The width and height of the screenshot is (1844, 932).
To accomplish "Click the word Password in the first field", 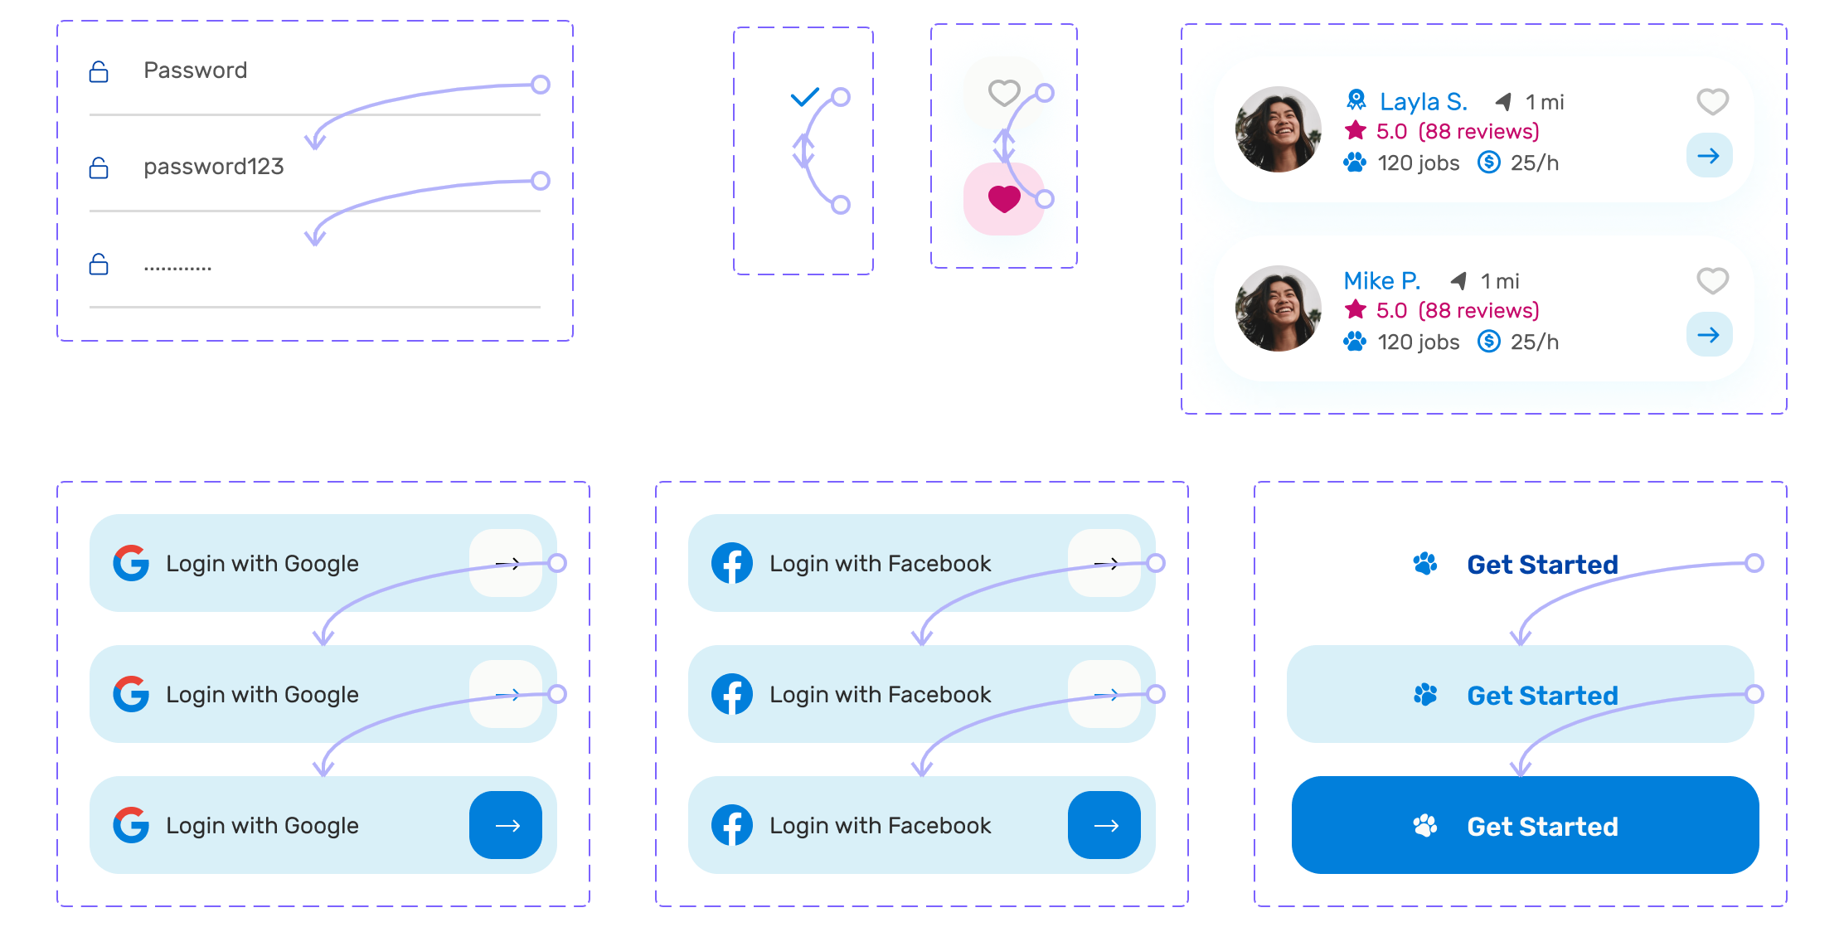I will (x=195, y=70).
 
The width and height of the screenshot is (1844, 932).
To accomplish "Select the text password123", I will (x=213, y=167).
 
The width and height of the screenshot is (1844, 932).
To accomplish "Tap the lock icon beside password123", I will (x=99, y=168).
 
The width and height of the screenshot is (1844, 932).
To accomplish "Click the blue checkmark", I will (x=804, y=98).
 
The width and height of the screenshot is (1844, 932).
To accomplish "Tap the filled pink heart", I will (x=1004, y=199).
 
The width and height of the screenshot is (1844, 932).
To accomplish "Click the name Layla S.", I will (x=1423, y=102).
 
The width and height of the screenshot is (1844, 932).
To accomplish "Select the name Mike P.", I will (x=1381, y=281).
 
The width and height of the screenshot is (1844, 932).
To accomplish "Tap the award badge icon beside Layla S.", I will (x=1356, y=101).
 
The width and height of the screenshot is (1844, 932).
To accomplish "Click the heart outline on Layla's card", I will (x=1712, y=102).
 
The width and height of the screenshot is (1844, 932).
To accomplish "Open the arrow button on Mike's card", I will (x=1709, y=335).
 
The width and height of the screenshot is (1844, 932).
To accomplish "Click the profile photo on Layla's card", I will (x=1278, y=129).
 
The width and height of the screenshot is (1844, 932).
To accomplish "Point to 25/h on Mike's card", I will (x=1534, y=342).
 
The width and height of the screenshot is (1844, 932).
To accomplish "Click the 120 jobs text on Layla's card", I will (x=1418, y=163).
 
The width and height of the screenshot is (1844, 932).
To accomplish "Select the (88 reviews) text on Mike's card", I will (x=1478, y=311).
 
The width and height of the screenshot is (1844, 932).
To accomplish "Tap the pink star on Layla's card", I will (x=1356, y=131).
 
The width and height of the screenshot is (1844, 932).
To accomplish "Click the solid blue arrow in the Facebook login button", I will (x=1104, y=825).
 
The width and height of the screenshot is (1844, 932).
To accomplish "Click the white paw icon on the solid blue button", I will (x=1425, y=826).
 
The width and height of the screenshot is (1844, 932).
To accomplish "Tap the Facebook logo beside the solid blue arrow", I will (x=732, y=825).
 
